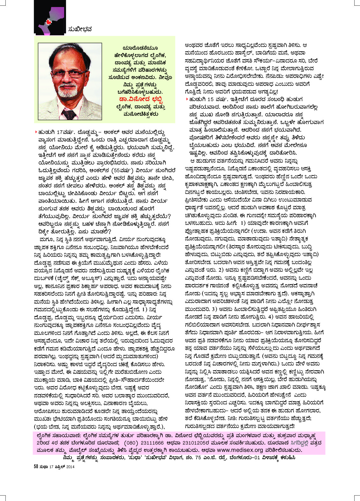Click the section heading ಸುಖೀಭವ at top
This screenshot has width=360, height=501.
point(80,30)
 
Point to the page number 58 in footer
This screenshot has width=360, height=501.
point(36,467)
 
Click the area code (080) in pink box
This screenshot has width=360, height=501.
point(131,443)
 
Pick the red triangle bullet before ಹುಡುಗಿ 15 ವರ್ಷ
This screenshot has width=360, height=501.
point(187,99)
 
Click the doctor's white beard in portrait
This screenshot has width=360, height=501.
point(68,92)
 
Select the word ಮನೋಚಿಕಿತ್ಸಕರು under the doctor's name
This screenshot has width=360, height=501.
point(140,114)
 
